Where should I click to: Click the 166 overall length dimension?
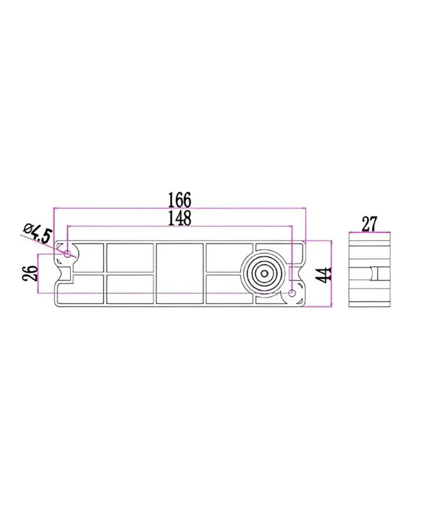[x=179, y=199]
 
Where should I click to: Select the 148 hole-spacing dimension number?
[x=179, y=218]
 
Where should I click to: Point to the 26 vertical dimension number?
[x=29, y=273]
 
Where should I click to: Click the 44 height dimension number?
[x=324, y=275]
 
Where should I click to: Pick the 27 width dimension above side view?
[x=369, y=224]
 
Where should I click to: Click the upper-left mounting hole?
[x=67, y=254]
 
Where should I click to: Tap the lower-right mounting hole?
[x=293, y=293]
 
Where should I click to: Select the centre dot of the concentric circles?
[x=265, y=273]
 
